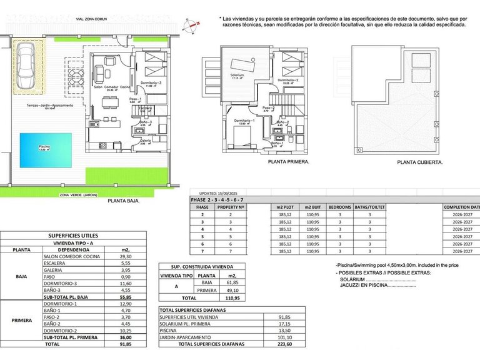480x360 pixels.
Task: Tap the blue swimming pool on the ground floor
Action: coord(44,150)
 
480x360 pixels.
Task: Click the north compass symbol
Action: coord(191,25)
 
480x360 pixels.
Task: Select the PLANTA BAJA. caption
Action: coord(124,201)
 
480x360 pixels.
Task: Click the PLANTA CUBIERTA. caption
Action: coord(420,161)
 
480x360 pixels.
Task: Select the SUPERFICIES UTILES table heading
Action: coord(73,236)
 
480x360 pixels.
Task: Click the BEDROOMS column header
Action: coord(340,206)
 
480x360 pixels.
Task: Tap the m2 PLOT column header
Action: coord(284,206)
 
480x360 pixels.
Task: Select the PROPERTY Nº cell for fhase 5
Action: coord(231,237)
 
